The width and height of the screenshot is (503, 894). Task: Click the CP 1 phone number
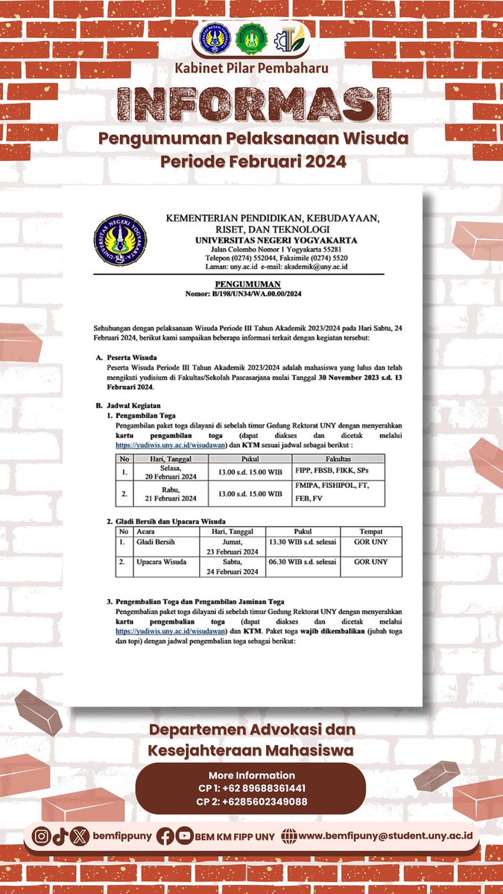(251, 788)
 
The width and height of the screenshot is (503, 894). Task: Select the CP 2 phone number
(251, 802)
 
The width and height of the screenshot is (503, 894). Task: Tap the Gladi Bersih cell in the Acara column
(155, 542)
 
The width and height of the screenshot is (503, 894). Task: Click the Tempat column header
(370, 532)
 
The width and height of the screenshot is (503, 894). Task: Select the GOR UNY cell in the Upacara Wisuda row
(370, 562)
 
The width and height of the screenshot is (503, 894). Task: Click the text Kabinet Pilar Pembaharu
(251, 69)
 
